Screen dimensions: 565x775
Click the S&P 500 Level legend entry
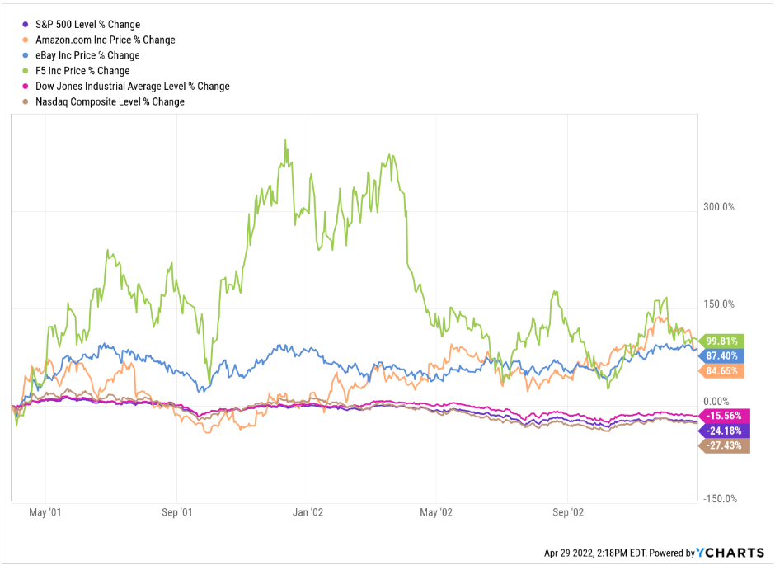tap(87, 25)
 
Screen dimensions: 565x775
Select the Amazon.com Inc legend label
tap(105, 40)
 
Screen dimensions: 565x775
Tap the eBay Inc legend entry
tap(87, 55)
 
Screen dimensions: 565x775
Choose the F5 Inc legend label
tap(82, 71)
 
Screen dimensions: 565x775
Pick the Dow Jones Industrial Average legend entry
tap(132, 86)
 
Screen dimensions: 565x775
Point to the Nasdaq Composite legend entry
tap(110, 101)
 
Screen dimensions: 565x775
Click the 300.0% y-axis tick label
tap(718, 206)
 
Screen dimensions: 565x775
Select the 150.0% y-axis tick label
tap(718, 304)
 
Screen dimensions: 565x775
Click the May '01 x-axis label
tap(45, 512)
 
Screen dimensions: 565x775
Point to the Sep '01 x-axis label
tap(176, 512)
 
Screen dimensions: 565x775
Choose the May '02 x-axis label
tap(436, 512)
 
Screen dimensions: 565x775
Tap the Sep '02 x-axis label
tap(567, 512)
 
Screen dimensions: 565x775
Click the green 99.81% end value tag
tap(722, 341)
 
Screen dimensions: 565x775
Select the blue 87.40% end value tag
tap(722, 355)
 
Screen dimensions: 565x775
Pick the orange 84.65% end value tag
tap(722, 371)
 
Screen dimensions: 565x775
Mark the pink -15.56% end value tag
tap(722, 415)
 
